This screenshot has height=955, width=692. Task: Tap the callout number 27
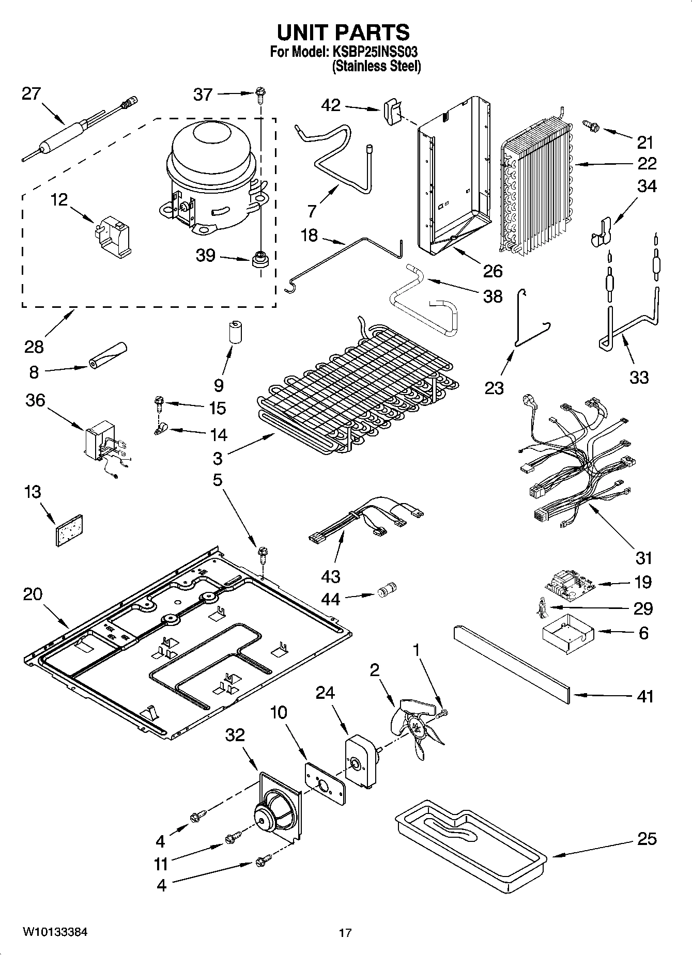pos(31,94)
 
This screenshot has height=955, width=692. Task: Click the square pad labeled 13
pos(69,529)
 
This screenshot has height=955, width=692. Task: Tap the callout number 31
pos(644,558)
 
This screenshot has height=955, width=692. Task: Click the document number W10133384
pos(54,932)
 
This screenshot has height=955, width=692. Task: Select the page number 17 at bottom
pos(345,933)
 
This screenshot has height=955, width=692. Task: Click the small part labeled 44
pos(386,590)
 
